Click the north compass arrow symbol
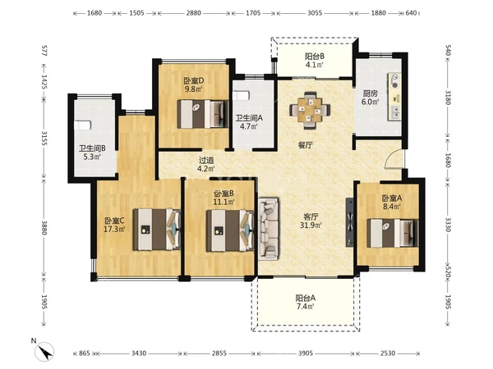(45, 352)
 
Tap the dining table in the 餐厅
(310, 110)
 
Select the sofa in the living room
(269, 229)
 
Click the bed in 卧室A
(393, 233)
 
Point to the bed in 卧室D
(203, 114)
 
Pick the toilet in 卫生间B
(83, 125)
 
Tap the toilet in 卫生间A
(241, 95)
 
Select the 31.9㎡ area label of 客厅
(311, 225)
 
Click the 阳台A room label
(305, 298)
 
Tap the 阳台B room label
(315, 57)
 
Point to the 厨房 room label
(370, 93)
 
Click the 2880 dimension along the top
(193, 13)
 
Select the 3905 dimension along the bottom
(306, 353)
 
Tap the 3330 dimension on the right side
(448, 225)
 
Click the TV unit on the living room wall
(349, 221)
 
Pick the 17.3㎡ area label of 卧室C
(114, 229)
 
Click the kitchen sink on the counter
(395, 112)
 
